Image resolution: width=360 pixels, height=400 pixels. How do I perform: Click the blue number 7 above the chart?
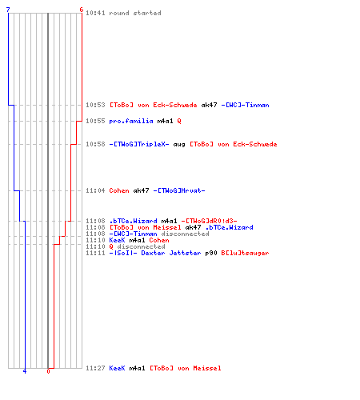(x=8, y=10)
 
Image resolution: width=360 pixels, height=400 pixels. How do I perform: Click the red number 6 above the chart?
(x=82, y=10)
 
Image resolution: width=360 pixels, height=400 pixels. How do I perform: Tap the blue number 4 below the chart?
(x=25, y=371)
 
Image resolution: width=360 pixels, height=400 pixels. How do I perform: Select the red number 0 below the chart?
(x=48, y=371)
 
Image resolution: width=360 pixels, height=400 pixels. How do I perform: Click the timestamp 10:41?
(x=95, y=13)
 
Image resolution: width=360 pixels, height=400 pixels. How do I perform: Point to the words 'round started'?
(x=135, y=13)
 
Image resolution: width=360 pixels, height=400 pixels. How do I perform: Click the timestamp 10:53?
(x=95, y=105)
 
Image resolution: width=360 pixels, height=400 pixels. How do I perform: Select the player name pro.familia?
(x=131, y=121)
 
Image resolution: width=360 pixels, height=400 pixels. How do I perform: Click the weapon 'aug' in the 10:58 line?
(x=179, y=144)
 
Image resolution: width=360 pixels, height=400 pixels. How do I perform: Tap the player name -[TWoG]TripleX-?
(x=139, y=144)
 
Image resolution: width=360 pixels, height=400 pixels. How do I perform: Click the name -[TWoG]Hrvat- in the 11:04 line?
(x=179, y=190)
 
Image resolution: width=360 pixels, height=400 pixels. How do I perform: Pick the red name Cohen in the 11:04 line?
(x=119, y=190)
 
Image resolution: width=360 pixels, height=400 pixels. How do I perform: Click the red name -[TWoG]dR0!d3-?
(x=210, y=221)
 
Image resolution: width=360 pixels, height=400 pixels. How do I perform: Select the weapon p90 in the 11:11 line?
(x=211, y=253)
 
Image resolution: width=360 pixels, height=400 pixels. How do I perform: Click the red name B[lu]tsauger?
(x=245, y=253)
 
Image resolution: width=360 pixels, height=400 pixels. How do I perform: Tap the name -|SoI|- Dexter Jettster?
(x=155, y=253)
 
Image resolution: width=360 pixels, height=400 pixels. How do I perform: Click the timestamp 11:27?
(x=95, y=368)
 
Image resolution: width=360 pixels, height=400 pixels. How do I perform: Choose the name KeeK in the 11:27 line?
(x=117, y=368)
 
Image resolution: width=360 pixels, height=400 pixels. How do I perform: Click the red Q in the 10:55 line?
(x=179, y=121)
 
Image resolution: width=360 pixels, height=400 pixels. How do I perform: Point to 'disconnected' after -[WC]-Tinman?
(x=185, y=234)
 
